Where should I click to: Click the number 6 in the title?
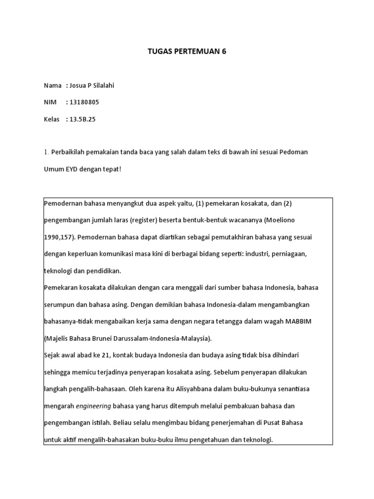pyautogui.click(x=224, y=52)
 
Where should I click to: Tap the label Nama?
pyautogui.click(x=53, y=86)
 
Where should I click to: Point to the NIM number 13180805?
pyautogui.click(x=85, y=102)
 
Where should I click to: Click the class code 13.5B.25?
pyautogui.click(x=83, y=119)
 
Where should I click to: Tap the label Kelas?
pyautogui.click(x=52, y=119)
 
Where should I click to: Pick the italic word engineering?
pyautogui.click(x=94, y=406)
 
